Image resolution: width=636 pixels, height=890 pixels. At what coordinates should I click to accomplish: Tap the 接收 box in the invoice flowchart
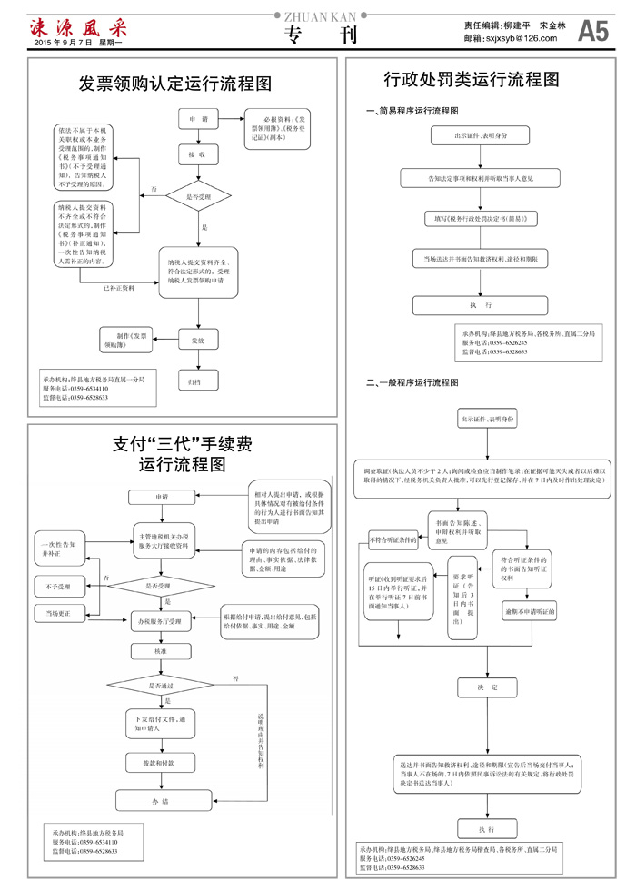pos(197,155)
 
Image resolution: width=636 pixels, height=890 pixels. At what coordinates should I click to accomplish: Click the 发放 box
pos(197,340)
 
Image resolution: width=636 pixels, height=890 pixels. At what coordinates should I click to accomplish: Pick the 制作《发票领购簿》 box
pos(127,340)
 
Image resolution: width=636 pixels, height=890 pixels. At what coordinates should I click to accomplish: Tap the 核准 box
pos(159,651)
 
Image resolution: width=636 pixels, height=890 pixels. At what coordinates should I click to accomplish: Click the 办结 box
pos(161,801)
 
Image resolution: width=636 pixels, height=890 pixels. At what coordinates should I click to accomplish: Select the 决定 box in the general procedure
pos(489,687)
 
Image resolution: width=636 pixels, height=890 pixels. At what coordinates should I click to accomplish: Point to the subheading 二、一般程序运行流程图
pos(412,382)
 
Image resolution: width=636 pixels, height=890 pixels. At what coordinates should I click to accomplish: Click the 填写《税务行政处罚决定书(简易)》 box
pos(481,219)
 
